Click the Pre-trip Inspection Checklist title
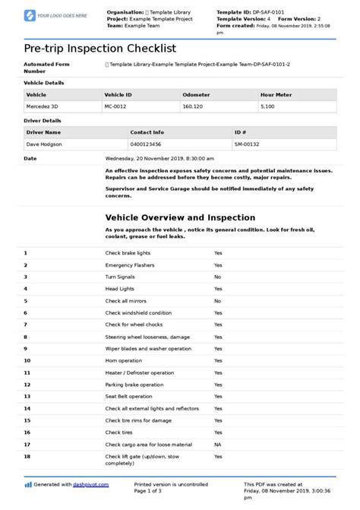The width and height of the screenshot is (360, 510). coord(99,48)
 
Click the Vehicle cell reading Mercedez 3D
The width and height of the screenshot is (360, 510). coord(43,107)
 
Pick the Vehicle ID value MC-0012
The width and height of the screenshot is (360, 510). coord(115,107)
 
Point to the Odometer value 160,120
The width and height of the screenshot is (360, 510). coord(193,107)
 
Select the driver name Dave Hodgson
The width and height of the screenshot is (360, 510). coord(45,144)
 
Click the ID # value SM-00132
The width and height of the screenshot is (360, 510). coord(247,144)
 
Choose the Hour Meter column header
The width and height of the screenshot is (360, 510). coord(276,95)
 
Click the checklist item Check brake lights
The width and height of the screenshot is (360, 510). coord(128,252)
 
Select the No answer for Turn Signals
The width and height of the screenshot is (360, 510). coord(217,277)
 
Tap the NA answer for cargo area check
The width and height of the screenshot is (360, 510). coord(217,444)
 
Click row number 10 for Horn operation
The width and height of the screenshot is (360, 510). coord(27,360)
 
